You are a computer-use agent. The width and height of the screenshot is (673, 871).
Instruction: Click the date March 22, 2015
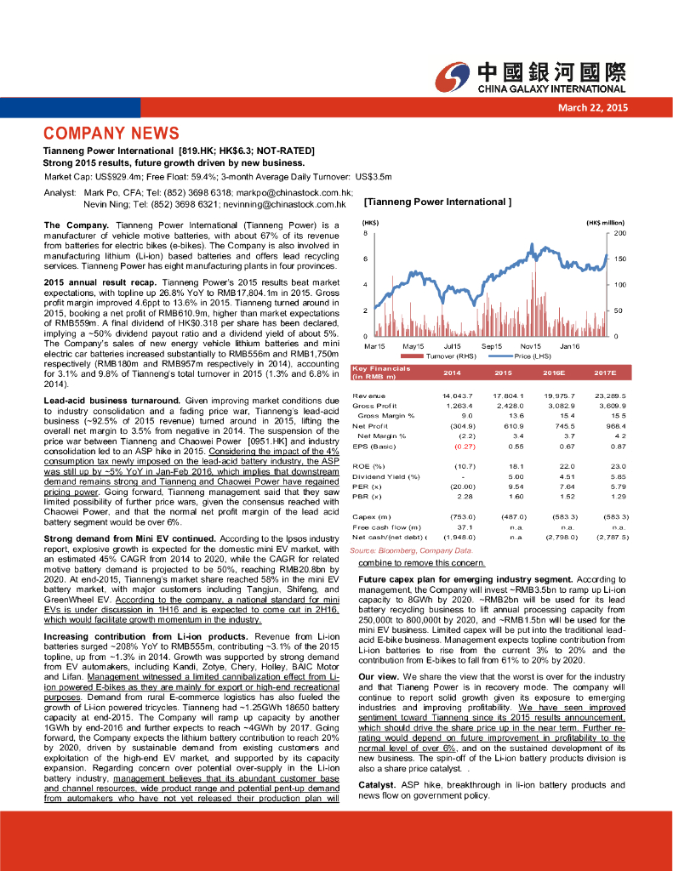(592, 107)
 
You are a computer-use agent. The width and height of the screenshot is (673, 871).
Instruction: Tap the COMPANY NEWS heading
(111, 134)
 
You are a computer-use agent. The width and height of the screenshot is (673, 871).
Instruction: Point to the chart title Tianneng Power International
(436, 202)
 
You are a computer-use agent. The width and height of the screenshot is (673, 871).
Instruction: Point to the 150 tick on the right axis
(620, 258)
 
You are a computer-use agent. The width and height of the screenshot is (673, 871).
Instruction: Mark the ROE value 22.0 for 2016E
(567, 466)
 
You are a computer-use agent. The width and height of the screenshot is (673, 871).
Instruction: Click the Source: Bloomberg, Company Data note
(404, 552)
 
